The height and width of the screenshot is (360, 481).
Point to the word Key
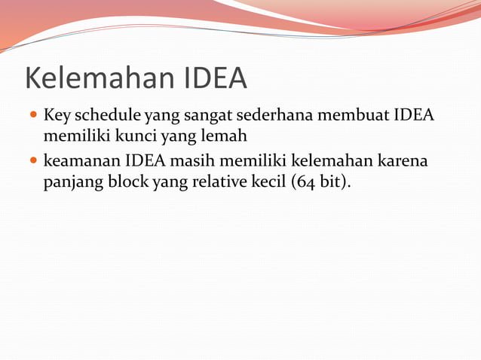(57, 117)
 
